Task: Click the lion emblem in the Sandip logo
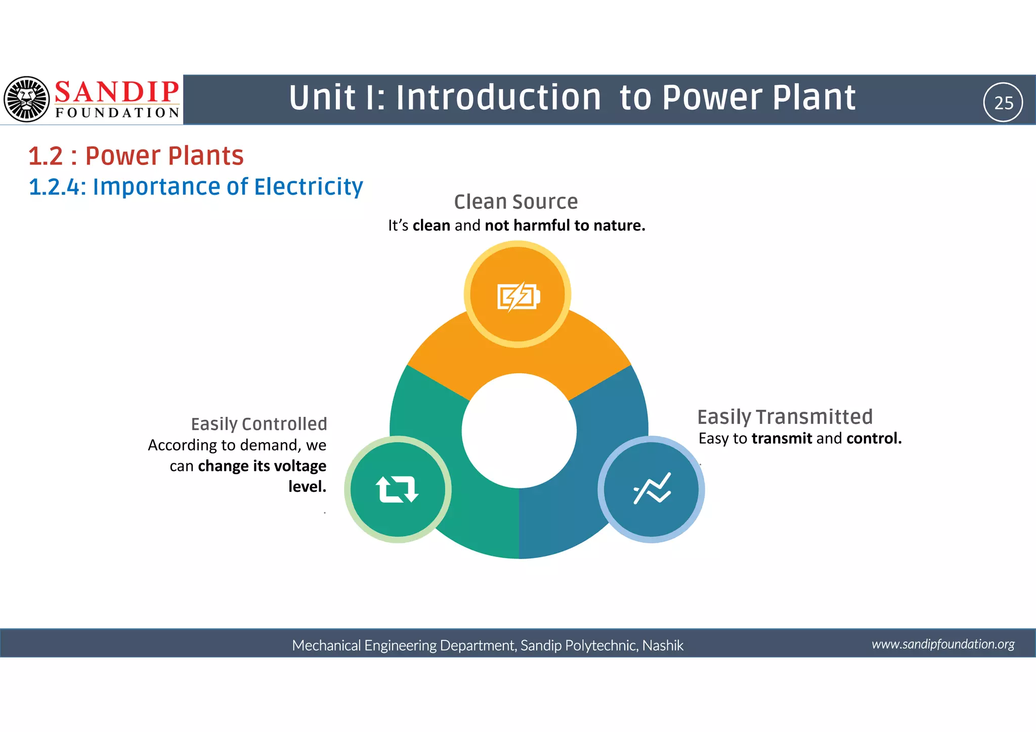26,99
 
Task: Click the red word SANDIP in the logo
117,92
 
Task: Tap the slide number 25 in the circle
1003,103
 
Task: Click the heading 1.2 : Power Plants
136,156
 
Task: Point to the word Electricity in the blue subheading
309,187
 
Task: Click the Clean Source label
515,202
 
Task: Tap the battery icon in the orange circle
518,296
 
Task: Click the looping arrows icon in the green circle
398,489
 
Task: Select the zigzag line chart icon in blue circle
652,489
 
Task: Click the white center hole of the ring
519,431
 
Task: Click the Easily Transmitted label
785,417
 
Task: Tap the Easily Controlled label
259,424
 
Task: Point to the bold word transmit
782,438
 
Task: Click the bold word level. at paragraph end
307,487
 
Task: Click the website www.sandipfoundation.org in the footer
943,644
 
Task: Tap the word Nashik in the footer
663,645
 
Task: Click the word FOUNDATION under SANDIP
117,112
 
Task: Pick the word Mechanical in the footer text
326,645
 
